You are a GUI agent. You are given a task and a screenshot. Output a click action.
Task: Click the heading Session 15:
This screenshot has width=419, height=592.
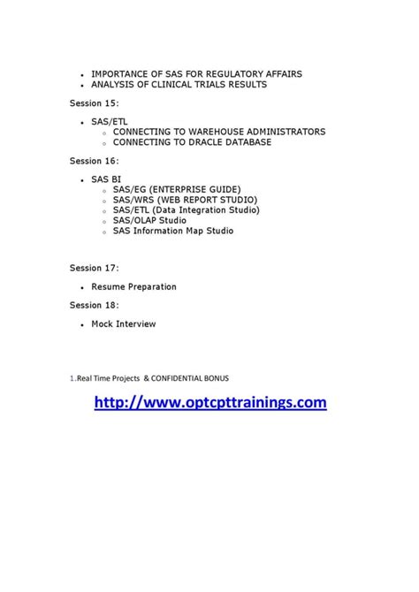[94, 102]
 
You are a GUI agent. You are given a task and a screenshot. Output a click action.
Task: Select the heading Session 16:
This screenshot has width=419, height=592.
[94, 161]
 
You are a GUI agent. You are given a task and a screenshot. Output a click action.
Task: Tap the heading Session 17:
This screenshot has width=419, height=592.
[94, 267]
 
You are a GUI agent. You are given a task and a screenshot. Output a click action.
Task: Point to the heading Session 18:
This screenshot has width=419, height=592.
[94, 305]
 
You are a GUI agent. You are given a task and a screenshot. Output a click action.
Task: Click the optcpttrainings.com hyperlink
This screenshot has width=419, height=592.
[209, 402]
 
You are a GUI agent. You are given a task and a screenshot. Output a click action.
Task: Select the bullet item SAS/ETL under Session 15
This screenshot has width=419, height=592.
[108, 121]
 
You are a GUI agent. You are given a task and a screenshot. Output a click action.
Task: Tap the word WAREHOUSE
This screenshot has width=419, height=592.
[223, 132]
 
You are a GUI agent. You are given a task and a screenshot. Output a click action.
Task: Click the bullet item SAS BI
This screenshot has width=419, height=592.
[106, 179]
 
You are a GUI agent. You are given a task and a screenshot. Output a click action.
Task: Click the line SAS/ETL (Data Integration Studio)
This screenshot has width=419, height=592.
[186, 210]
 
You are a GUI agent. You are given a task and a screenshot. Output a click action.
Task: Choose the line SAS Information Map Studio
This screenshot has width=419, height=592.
[172, 231]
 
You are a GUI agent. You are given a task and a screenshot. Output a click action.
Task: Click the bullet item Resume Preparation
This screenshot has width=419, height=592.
[133, 287]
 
